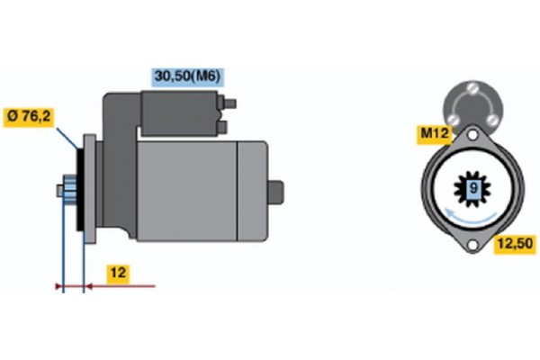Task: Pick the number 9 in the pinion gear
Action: point(472,187)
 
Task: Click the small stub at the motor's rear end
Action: point(277,191)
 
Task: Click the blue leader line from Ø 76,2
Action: point(67,139)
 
